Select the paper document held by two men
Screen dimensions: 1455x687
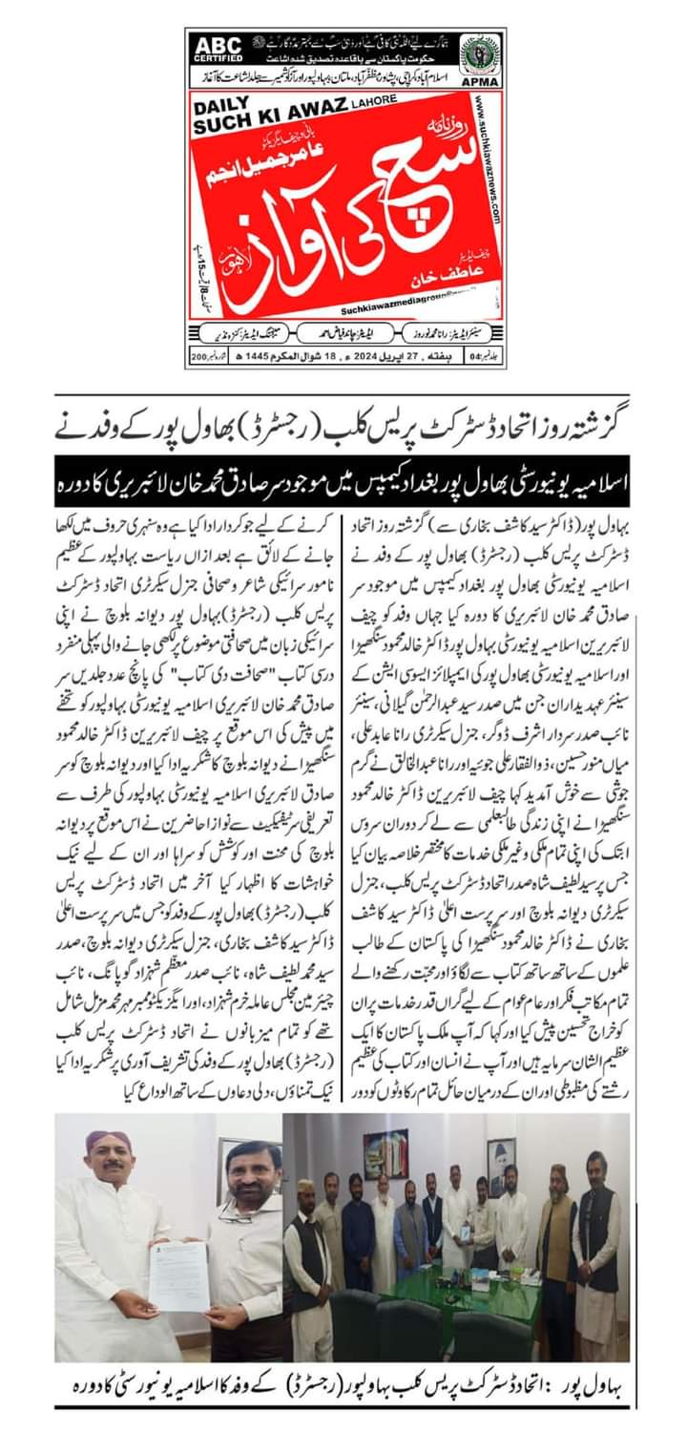coord(179,1275)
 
